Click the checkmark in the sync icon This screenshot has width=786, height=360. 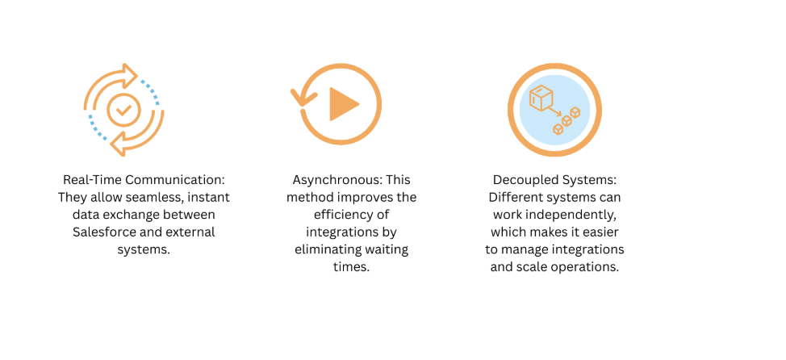click(123, 109)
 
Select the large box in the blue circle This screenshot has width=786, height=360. click(541, 98)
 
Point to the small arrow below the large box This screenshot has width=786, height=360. click(554, 111)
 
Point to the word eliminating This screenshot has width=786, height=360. click(326, 249)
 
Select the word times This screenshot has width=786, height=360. click(351, 267)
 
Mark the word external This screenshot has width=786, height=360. click(191, 232)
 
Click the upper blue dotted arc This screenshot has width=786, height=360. click(149, 91)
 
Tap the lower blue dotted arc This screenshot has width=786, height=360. click(98, 128)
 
